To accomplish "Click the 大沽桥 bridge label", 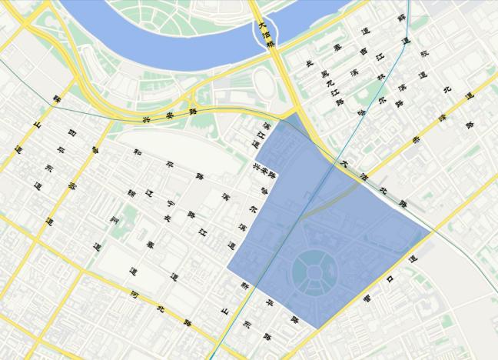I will click(x=264, y=35).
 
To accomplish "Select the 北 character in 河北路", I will click(x=160, y=308).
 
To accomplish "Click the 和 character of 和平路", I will click(x=136, y=152).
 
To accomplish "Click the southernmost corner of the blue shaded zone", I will click(x=317, y=328).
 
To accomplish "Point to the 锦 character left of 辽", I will click(x=131, y=192).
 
